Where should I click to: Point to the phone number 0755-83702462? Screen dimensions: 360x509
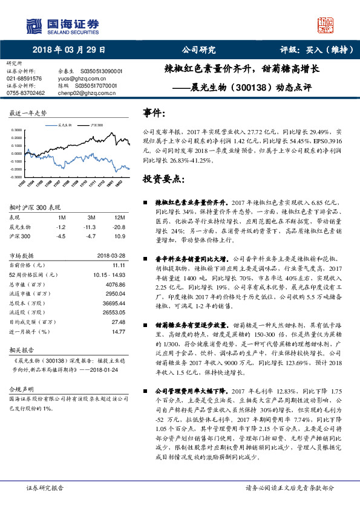coord(26,93)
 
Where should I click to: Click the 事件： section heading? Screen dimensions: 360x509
coord(154,113)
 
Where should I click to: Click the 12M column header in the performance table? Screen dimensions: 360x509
coord(119,216)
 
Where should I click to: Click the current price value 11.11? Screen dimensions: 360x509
coord(119,265)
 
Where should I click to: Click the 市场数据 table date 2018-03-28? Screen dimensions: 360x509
coord(111,255)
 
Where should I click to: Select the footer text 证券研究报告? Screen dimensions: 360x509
coord(45,487)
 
